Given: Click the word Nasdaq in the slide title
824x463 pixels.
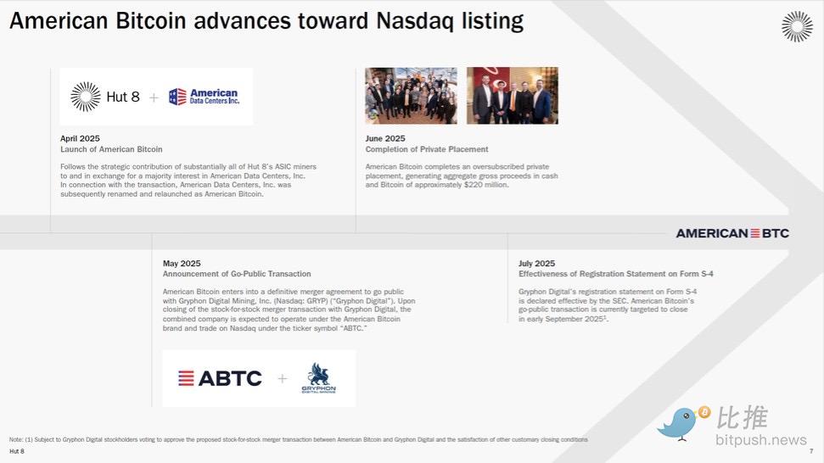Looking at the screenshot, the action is [415, 21].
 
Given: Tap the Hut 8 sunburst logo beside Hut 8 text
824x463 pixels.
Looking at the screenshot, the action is [86, 97].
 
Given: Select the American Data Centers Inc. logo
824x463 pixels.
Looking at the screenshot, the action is [204, 97].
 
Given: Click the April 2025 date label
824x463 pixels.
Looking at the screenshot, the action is [80, 138].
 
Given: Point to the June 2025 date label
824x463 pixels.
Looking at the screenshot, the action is [385, 138].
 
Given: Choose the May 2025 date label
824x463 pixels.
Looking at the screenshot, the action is [182, 264].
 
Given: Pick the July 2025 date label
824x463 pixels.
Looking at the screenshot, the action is [536, 264].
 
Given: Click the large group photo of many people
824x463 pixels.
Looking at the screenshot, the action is [411, 96].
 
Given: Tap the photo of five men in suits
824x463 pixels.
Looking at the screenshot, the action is [513, 96].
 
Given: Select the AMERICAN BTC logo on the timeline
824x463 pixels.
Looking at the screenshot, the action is [732, 233].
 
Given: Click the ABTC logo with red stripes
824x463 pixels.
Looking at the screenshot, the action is [220, 378].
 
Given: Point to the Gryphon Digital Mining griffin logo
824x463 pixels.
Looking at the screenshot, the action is [318, 377].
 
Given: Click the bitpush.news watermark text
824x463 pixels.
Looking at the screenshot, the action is [761, 440].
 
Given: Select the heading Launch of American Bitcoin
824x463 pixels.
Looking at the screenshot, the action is [111, 149].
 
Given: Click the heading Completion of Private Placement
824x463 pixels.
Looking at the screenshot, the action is [427, 149].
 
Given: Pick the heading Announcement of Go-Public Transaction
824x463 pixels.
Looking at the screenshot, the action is [237, 274].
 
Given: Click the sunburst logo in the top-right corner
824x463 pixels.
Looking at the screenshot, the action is [797, 26].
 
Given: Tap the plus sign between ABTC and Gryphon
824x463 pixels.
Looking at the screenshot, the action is [283, 378].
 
